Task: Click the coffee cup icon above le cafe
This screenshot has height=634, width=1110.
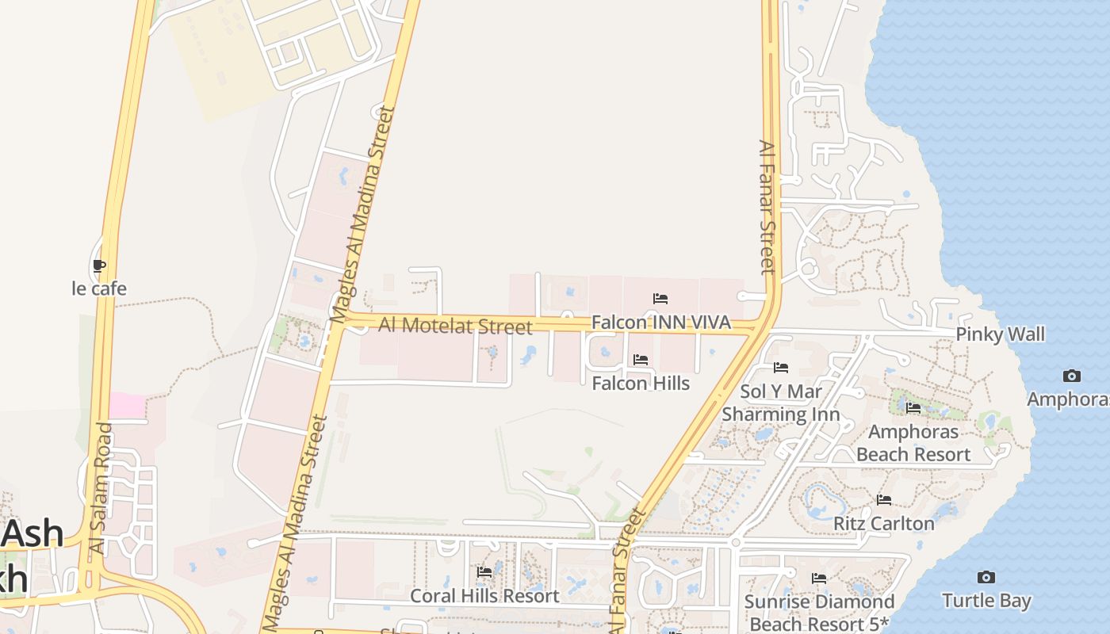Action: [99, 266]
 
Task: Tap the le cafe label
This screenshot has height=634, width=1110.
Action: [99, 288]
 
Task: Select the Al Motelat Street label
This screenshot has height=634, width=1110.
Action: [455, 325]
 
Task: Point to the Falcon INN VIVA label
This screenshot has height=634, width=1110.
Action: [661, 323]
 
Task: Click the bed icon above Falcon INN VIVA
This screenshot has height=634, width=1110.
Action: [660, 299]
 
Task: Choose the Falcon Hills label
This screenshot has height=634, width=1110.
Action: [641, 384]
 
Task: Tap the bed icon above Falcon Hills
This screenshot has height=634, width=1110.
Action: [641, 360]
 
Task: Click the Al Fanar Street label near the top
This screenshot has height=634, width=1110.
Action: [767, 208]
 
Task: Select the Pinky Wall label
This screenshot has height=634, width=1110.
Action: [1001, 334]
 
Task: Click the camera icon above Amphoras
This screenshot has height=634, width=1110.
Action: [1072, 376]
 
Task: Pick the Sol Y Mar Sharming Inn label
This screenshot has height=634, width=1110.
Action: [781, 403]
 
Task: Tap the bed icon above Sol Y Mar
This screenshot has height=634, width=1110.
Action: [781, 368]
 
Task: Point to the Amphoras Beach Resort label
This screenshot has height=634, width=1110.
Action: [913, 443]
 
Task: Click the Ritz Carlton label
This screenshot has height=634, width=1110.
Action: [884, 524]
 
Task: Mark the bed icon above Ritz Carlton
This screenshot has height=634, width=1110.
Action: [884, 500]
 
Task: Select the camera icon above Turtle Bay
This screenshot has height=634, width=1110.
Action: [986, 577]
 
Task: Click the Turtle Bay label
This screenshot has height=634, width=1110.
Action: [986, 601]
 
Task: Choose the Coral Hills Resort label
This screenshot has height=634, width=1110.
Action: [484, 596]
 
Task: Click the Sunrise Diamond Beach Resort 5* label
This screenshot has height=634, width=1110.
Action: [819, 613]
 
